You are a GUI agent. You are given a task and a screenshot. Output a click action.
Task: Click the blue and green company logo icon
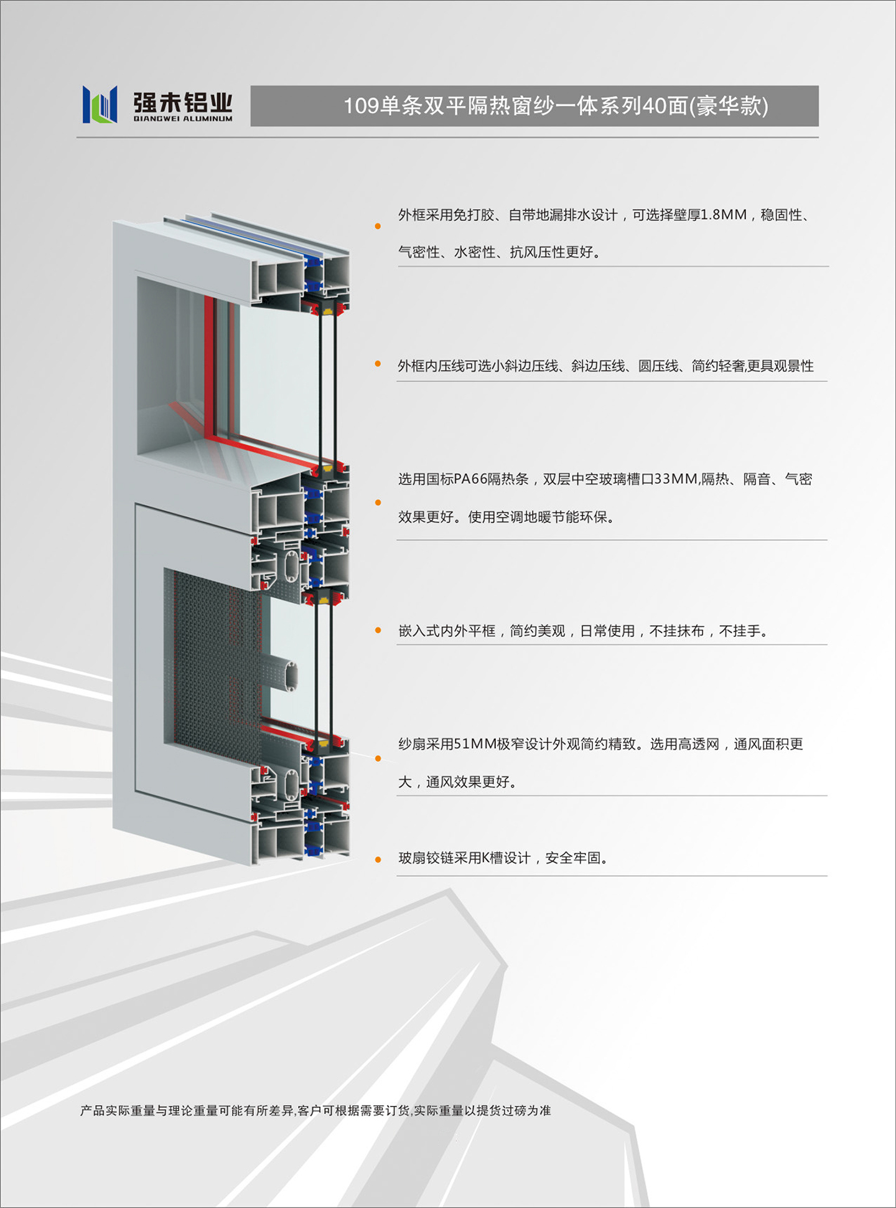(100, 105)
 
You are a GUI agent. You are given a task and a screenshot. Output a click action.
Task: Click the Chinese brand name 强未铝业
(183, 102)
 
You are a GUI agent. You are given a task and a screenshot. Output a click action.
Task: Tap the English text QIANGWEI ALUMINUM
(183, 118)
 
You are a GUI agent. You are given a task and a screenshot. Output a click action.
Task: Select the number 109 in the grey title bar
(361, 106)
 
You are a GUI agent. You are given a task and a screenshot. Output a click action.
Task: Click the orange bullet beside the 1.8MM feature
(378, 226)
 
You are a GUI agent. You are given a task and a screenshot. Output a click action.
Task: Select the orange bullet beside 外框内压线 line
(378, 364)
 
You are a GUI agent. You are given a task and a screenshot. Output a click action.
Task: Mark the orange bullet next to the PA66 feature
(378, 503)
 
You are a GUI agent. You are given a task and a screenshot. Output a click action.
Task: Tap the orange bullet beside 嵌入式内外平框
(378, 630)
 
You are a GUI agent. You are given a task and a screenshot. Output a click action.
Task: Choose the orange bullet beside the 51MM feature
(378, 758)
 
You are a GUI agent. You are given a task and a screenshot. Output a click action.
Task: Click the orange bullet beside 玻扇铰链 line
(378, 860)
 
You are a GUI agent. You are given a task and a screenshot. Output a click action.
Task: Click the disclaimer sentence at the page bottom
(315, 1110)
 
